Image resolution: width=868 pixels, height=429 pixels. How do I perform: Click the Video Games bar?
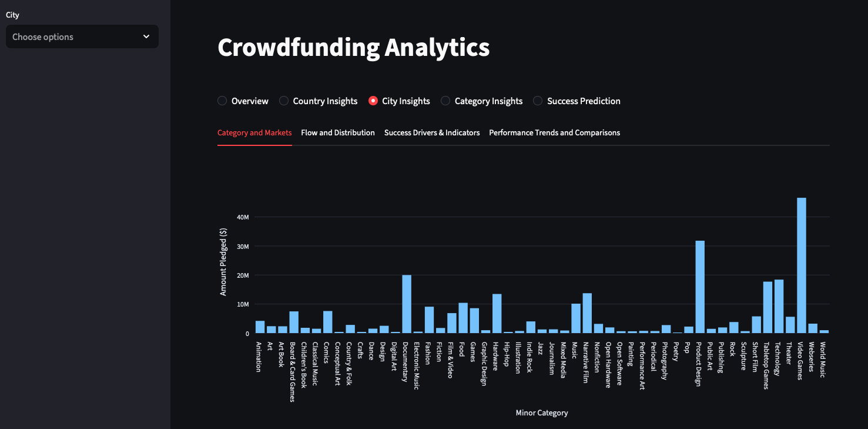point(802,265)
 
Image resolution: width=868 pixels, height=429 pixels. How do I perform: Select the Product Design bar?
point(700,287)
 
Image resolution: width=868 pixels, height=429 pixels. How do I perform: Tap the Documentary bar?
point(407,304)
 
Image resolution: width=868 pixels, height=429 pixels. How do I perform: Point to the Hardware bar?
point(497,314)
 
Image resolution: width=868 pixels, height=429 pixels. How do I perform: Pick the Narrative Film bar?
point(587,313)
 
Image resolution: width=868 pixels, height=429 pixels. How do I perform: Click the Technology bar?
point(779,307)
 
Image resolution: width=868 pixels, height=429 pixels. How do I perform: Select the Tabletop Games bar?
point(768,307)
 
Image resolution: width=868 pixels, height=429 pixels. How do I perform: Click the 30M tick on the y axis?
point(243,247)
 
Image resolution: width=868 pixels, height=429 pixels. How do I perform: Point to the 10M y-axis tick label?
point(243,304)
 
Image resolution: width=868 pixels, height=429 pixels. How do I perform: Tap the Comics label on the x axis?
point(326,352)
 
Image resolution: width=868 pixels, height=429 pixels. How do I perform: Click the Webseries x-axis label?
point(812,357)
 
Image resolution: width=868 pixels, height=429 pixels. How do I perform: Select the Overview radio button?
point(222,101)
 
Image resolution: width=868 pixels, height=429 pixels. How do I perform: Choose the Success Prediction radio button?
point(538,101)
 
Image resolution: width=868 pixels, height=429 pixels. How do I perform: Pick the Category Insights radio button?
point(445,101)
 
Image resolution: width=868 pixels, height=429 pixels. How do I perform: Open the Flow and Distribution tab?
point(338,132)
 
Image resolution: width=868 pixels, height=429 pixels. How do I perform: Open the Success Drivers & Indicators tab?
point(432,132)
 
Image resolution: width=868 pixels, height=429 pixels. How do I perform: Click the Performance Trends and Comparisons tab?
point(555,132)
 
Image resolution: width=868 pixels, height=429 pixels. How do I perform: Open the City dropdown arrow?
point(146,36)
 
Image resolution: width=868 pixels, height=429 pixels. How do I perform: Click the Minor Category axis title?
point(542,413)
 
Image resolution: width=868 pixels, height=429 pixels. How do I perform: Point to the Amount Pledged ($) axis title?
point(223,262)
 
